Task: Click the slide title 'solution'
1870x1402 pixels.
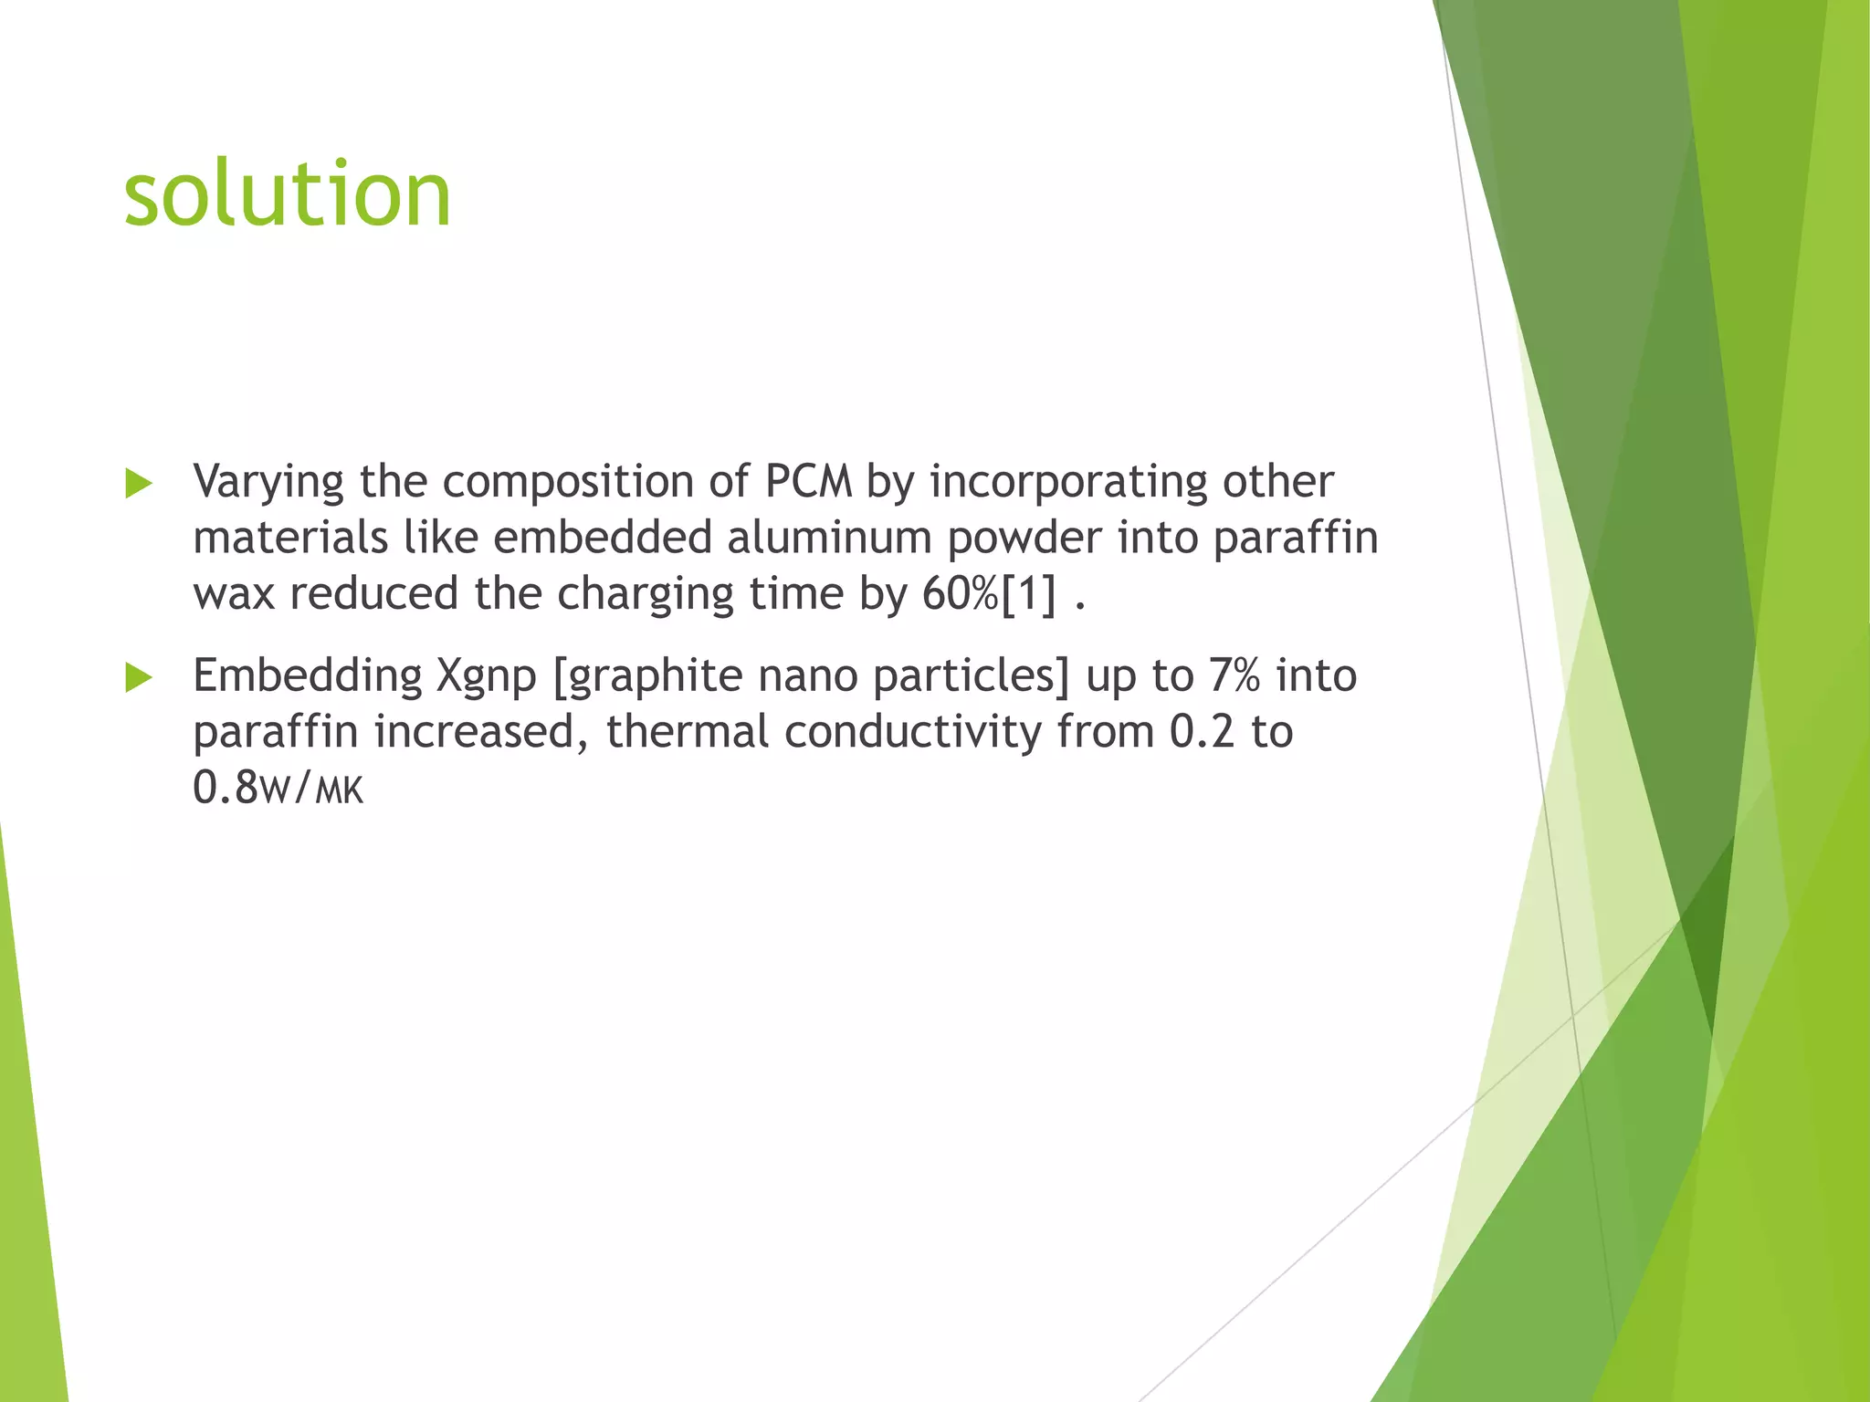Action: point(288,194)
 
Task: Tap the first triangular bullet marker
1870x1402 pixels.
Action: point(138,484)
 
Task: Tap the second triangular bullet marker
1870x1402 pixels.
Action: point(138,678)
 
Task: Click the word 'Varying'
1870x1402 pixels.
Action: point(268,482)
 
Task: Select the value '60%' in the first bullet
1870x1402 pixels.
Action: point(961,594)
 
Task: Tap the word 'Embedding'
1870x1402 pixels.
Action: point(307,676)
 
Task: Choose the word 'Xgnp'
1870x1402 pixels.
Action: point(486,676)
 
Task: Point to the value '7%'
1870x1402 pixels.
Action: point(1234,676)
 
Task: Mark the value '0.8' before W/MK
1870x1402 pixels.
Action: point(226,788)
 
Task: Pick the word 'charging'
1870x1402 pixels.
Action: point(645,594)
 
